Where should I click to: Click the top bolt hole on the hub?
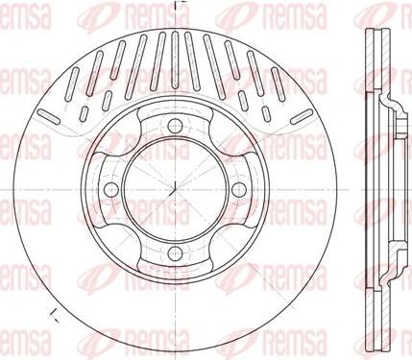coord(175,126)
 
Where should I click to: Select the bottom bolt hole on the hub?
coord(175,253)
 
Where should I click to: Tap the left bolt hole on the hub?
coord(111,190)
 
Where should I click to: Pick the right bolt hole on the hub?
coord(239,190)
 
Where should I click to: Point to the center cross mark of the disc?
coord(175,190)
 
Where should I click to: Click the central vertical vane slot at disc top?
coord(175,60)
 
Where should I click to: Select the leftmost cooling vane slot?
coord(49,116)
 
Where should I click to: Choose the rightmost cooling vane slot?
coord(302,116)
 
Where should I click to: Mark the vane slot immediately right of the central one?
coord(192,60)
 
